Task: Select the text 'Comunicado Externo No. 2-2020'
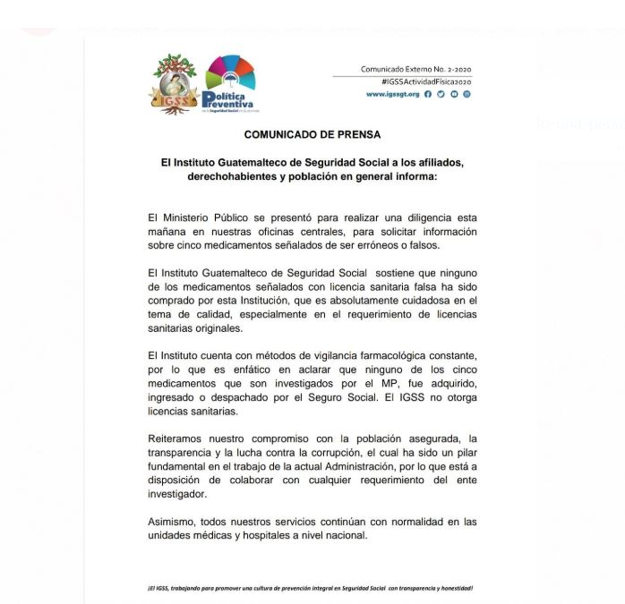(x=415, y=69)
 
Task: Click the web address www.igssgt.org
(x=392, y=94)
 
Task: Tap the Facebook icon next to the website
(x=428, y=94)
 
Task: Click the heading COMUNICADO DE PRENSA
(x=312, y=134)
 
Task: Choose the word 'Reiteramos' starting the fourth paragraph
(x=181, y=438)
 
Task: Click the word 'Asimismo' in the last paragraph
(x=176, y=522)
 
